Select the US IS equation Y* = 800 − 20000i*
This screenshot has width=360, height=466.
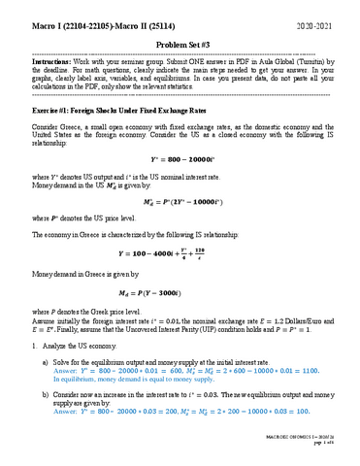(180, 158)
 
